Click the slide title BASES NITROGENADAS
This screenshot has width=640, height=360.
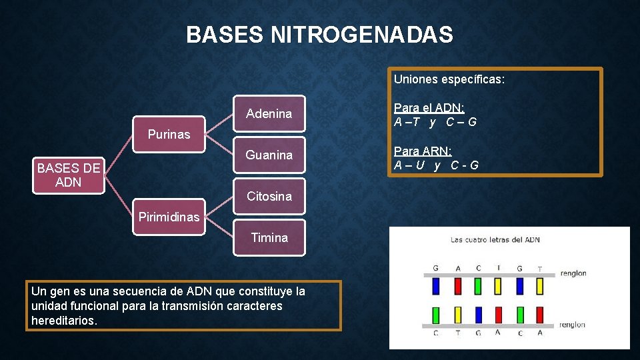pos(319,35)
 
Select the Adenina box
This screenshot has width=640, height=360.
pos(269,114)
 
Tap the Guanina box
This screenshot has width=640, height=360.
pos(269,155)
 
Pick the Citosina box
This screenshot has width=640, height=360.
pos(269,197)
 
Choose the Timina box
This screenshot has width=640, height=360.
pos(269,238)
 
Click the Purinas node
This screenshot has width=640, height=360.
pos(169,135)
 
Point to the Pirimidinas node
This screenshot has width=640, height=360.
pos(169,217)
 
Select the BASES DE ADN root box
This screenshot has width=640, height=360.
pos(69,175)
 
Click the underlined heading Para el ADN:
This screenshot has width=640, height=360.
pos(429,108)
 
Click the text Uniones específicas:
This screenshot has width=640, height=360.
pos(449,80)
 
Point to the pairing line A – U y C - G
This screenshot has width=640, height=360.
pos(436,165)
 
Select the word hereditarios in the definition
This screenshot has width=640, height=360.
pos(64,321)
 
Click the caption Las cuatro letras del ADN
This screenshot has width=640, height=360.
pos(495,240)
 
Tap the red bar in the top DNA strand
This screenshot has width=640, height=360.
pos(458,286)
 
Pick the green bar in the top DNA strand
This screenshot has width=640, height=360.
pos(478,286)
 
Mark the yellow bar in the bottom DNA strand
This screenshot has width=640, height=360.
pos(458,314)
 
